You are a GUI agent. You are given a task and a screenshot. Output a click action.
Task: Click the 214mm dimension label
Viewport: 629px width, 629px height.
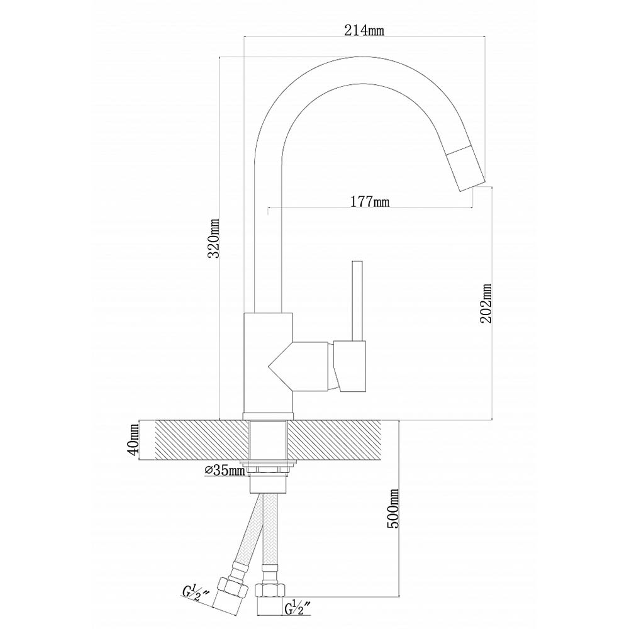coord(364,30)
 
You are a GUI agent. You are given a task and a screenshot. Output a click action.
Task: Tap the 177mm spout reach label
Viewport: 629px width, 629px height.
coord(369,201)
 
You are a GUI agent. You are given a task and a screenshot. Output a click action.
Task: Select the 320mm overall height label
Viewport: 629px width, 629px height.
coord(214,238)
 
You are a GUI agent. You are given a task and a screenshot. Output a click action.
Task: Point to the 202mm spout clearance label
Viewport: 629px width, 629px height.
coord(486,303)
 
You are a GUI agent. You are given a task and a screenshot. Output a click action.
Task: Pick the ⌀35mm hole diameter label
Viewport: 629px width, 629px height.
coord(225,470)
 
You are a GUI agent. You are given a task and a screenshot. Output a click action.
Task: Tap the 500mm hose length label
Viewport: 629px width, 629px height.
coord(394,508)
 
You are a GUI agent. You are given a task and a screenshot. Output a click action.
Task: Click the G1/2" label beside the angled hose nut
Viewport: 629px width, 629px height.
coord(196,593)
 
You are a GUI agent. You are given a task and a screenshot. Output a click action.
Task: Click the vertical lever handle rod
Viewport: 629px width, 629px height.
coord(357,301)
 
